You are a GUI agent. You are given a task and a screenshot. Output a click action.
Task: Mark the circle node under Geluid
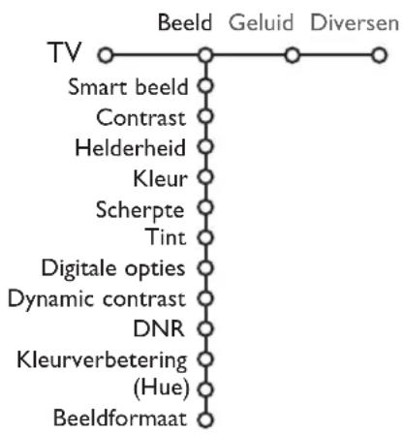click(289, 56)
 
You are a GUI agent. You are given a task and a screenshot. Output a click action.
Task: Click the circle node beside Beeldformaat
click(203, 419)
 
